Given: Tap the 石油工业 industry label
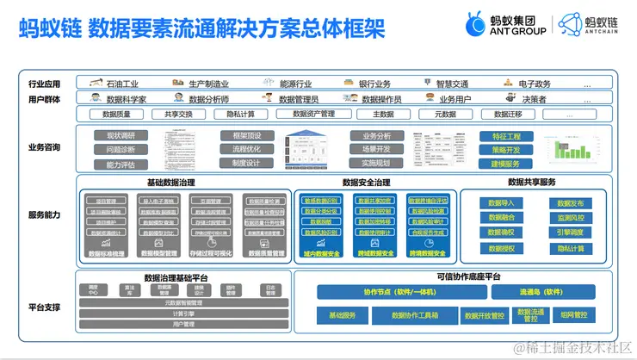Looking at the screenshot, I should click(121, 84).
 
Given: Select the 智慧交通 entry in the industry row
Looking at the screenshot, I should click(451, 84).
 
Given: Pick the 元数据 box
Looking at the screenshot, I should click(445, 114).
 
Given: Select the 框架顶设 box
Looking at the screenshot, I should click(246, 135).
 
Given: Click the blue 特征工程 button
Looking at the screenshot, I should click(505, 136).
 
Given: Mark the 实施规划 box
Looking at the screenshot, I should click(376, 163).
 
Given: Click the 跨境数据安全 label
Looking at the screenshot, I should click(428, 253).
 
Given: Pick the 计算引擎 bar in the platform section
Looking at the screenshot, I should click(183, 313).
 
